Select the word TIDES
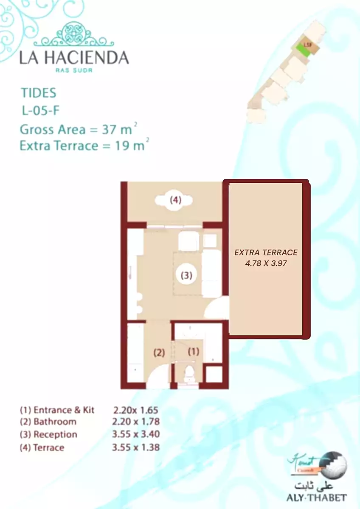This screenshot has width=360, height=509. coord(39,93)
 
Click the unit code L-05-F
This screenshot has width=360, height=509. coord(41,111)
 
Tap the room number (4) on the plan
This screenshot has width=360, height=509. coord(176,200)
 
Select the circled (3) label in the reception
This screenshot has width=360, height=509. coord(186,275)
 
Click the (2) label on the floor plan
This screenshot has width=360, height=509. coord(159,352)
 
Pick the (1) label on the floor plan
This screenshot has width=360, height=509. coord(194,352)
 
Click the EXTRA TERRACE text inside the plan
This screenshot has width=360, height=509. coord(266,252)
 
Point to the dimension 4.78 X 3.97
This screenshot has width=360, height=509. coord(266,263)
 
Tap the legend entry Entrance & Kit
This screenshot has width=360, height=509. coord(57,410)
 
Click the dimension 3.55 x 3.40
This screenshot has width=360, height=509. coord(136,434)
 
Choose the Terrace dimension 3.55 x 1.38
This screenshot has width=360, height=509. coord(136,447)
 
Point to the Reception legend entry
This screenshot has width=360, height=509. coord(49,434)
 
